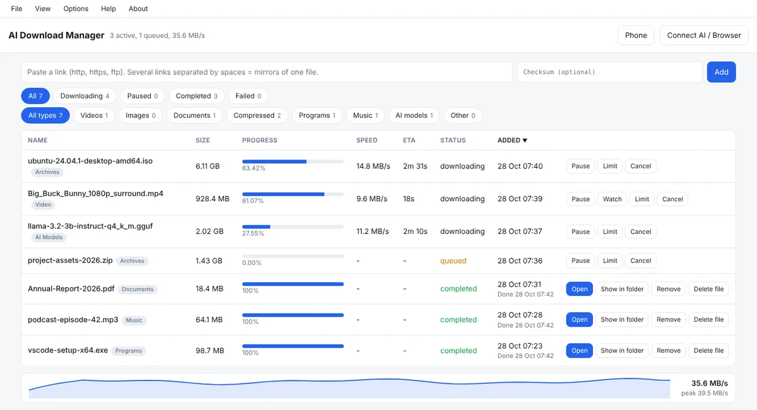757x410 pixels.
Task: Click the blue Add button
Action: (721, 72)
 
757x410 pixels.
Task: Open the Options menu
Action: (76, 9)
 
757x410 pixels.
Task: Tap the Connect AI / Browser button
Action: (704, 35)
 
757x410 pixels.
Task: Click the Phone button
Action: (636, 35)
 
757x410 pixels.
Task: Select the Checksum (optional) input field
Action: (609, 72)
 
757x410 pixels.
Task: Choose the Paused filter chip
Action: (143, 96)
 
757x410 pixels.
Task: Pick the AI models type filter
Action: (414, 115)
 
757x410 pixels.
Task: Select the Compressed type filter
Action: (257, 115)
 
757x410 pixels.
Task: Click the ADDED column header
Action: (512, 140)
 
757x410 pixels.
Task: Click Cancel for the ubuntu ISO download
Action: (640, 166)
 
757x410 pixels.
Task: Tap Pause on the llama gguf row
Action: (580, 231)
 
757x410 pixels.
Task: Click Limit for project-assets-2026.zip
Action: (610, 261)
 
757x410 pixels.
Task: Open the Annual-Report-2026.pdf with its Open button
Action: (579, 289)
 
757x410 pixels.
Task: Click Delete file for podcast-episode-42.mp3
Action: (708, 319)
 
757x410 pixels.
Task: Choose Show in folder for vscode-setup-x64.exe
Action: (622, 351)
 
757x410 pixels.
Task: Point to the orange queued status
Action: (453, 261)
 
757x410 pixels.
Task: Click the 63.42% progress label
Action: (254, 168)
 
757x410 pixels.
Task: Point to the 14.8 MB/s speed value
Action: (373, 166)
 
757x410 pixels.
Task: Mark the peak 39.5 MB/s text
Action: (704, 393)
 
